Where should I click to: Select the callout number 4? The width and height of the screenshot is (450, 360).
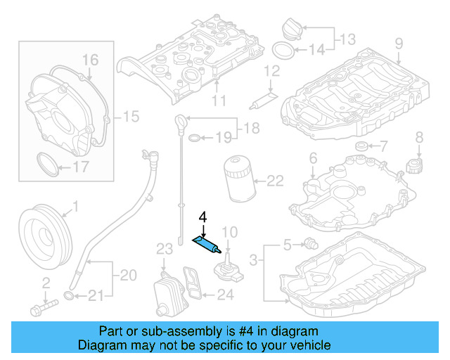(x=202, y=217)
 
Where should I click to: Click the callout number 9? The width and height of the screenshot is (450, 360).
(x=399, y=44)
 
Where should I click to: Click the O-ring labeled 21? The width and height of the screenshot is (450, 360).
(x=70, y=294)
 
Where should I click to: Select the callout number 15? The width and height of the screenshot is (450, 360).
(x=132, y=115)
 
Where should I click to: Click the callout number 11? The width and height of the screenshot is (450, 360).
(x=219, y=100)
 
